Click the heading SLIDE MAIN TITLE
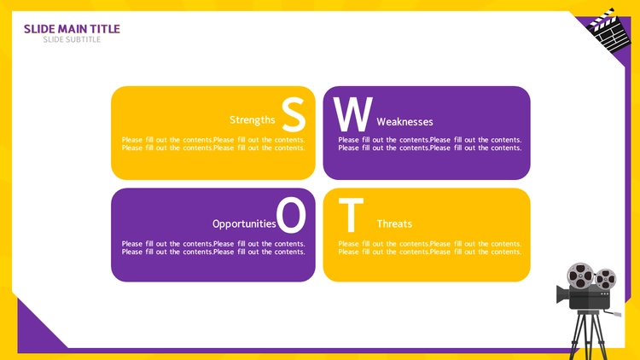tap(72, 29)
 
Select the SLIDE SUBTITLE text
tap(72, 39)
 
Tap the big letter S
tap(294, 114)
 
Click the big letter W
tap(353, 114)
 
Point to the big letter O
tap(291, 215)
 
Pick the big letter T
tap(351, 215)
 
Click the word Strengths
tap(253, 120)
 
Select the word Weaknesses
tap(404, 122)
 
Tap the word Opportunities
tap(244, 224)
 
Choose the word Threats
tap(394, 224)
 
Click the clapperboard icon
tap(608, 31)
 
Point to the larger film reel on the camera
tap(580, 276)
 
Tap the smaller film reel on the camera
tap(605, 279)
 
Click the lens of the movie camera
tap(562, 293)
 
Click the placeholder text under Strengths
tap(213, 143)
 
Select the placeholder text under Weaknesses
tap(430, 143)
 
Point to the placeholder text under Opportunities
tap(213, 247)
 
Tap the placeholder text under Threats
tap(430, 247)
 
